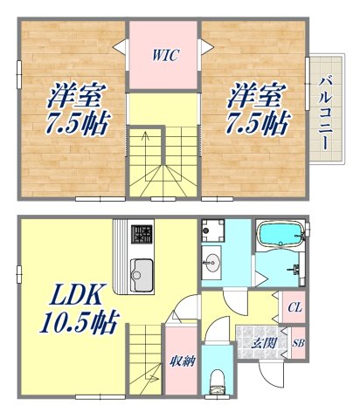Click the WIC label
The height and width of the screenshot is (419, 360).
tap(164, 56)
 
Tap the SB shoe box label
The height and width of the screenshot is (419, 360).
tap(297, 343)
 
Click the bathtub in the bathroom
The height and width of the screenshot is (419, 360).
tap(279, 235)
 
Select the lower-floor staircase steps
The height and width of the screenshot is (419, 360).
tap(147, 358)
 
